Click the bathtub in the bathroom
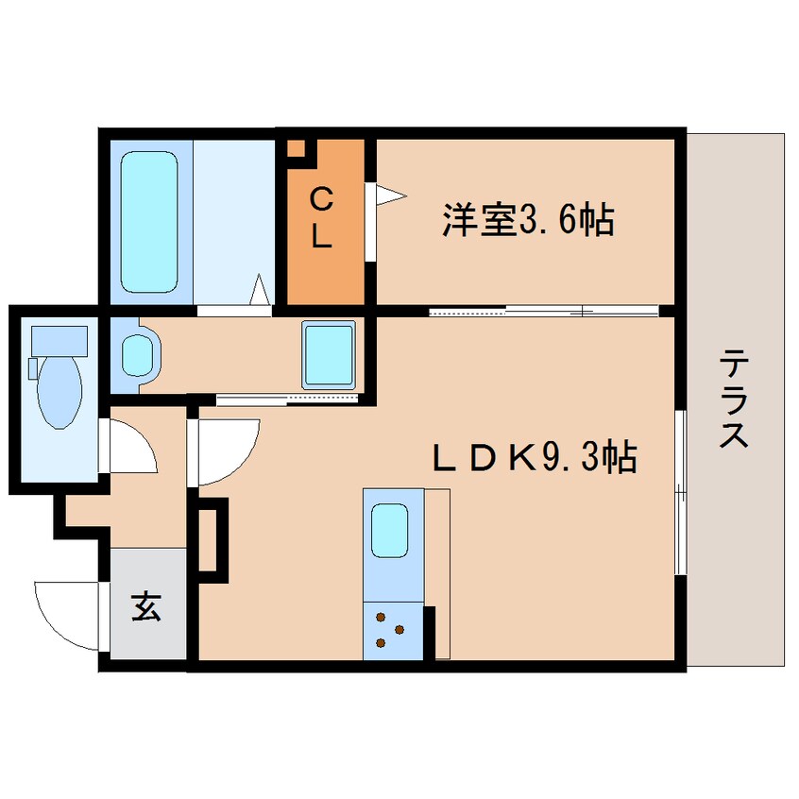(x=149, y=222)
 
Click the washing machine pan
(x=329, y=354)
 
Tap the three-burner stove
(x=389, y=630)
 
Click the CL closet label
(x=322, y=219)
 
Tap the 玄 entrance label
(x=145, y=605)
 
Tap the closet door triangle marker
(x=389, y=195)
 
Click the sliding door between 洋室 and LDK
(x=543, y=311)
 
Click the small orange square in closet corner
(x=297, y=148)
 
